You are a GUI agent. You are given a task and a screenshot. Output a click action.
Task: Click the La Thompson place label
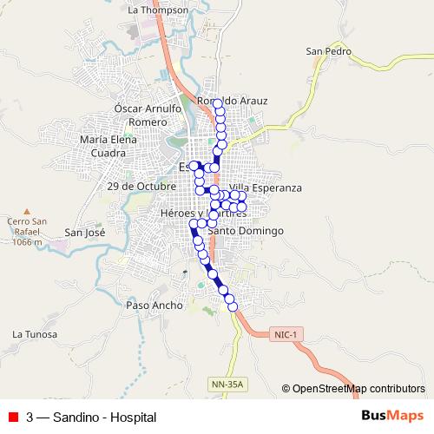tap(157, 10)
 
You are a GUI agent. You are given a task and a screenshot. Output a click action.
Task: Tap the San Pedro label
tap(328, 52)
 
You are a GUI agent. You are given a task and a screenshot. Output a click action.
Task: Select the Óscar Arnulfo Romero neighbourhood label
tap(148, 115)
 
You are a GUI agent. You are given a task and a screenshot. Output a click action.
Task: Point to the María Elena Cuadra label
tap(108, 145)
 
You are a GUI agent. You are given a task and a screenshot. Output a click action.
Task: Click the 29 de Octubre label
tap(142, 186)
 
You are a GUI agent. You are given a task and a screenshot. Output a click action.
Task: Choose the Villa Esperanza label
tap(266, 188)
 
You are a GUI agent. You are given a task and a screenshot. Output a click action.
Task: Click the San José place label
tap(84, 233)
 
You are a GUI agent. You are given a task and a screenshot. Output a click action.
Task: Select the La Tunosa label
tap(35, 334)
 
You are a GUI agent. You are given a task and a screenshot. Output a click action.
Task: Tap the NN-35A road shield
tap(228, 383)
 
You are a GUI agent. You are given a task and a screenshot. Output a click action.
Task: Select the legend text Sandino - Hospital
tap(97, 417)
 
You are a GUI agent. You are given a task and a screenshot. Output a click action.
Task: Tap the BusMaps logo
tap(391, 416)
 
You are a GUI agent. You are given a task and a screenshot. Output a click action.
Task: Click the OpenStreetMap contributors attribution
tap(358, 388)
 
